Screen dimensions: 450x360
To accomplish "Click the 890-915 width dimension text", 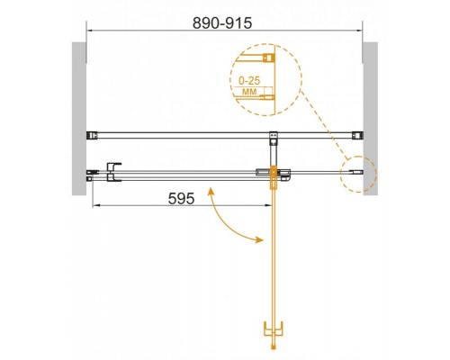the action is pos(222,23).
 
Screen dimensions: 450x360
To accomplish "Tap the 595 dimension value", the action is pos(181,198).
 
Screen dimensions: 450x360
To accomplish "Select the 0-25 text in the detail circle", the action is pos(249,80).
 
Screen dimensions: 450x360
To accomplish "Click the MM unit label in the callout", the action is pos(249,91).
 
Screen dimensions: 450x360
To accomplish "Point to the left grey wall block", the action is pos(79,119).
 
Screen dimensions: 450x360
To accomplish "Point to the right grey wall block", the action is pos(370,119).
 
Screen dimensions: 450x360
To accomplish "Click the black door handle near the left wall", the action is pos(113,172).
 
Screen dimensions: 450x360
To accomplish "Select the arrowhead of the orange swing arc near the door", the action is pos(260,239).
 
